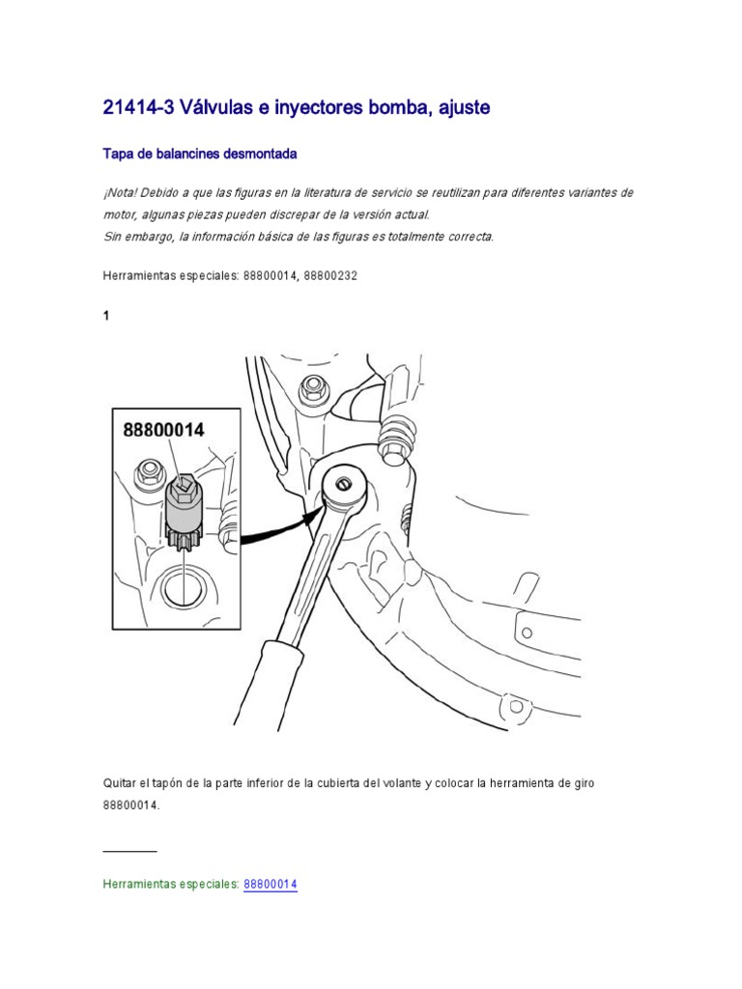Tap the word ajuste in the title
click(x=460, y=108)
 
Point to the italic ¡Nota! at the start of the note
click(x=121, y=193)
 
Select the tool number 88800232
click(x=330, y=275)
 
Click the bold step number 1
click(x=106, y=317)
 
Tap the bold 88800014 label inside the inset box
click(x=163, y=430)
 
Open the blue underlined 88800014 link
click(x=270, y=884)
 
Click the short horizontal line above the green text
click(x=129, y=851)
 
